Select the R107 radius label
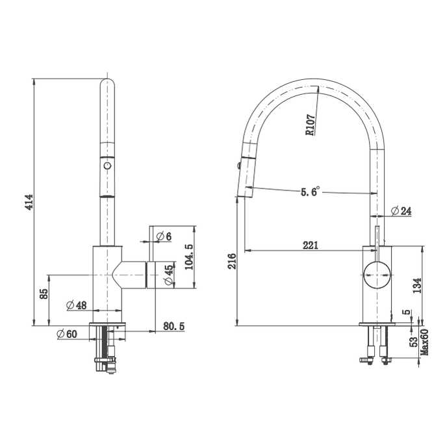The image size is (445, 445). [310, 123]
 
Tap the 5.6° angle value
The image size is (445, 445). [310, 192]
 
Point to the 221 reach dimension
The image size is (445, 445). [310, 245]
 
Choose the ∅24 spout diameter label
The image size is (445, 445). [401, 210]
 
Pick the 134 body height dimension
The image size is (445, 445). [416, 285]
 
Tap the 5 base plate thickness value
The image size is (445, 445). [407, 314]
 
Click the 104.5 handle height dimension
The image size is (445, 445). [189, 257]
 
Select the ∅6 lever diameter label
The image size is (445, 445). [164, 236]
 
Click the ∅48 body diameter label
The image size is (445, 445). [76, 305]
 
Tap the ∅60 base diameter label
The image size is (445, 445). [67, 334]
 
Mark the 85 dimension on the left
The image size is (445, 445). [44, 294]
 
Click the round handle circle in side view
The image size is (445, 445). [377, 274]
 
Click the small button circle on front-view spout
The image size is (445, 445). [107, 167]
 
